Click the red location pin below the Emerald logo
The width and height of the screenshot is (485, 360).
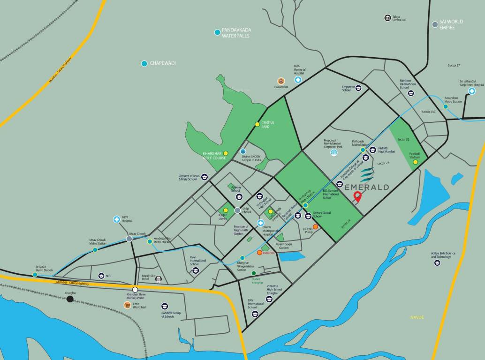pyautogui.click(x=358, y=197)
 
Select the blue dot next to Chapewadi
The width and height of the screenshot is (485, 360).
pyautogui.click(x=144, y=63)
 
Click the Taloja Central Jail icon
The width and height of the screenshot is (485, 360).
pyautogui.click(x=387, y=18)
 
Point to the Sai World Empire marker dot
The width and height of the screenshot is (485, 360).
pyautogui.click(x=435, y=24)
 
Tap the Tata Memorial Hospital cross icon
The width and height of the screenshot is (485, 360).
pyautogui.click(x=298, y=80)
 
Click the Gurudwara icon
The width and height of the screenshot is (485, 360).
pyautogui.click(x=281, y=81)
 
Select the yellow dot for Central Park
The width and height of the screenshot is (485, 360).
pyautogui.click(x=257, y=124)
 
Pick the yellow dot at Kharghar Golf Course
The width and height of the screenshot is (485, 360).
pyautogui.click(x=226, y=153)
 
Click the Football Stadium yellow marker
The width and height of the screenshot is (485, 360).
pyautogui.click(x=415, y=162)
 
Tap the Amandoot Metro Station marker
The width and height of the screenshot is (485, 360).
pyautogui.click(x=446, y=106)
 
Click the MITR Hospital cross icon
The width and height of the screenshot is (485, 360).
pyautogui.click(x=116, y=219)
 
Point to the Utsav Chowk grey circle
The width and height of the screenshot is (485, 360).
pyautogui.click(x=129, y=239)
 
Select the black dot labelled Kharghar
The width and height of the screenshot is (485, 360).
pyautogui.click(x=70, y=299)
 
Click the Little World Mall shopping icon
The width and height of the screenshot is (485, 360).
pyautogui.click(x=127, y=305)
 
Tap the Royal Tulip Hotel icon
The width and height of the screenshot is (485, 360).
pyautogui.click(x=159, y=279)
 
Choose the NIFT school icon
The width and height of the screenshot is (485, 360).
pyautogui.click(x=101, y=276)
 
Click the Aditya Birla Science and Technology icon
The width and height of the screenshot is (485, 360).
pyautogui.click(x=437, y=262)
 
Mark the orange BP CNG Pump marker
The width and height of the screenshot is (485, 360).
pyautogui.click(x=316, y=227)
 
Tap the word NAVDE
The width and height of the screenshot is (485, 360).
pyautogui.click(x=417, y=317)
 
